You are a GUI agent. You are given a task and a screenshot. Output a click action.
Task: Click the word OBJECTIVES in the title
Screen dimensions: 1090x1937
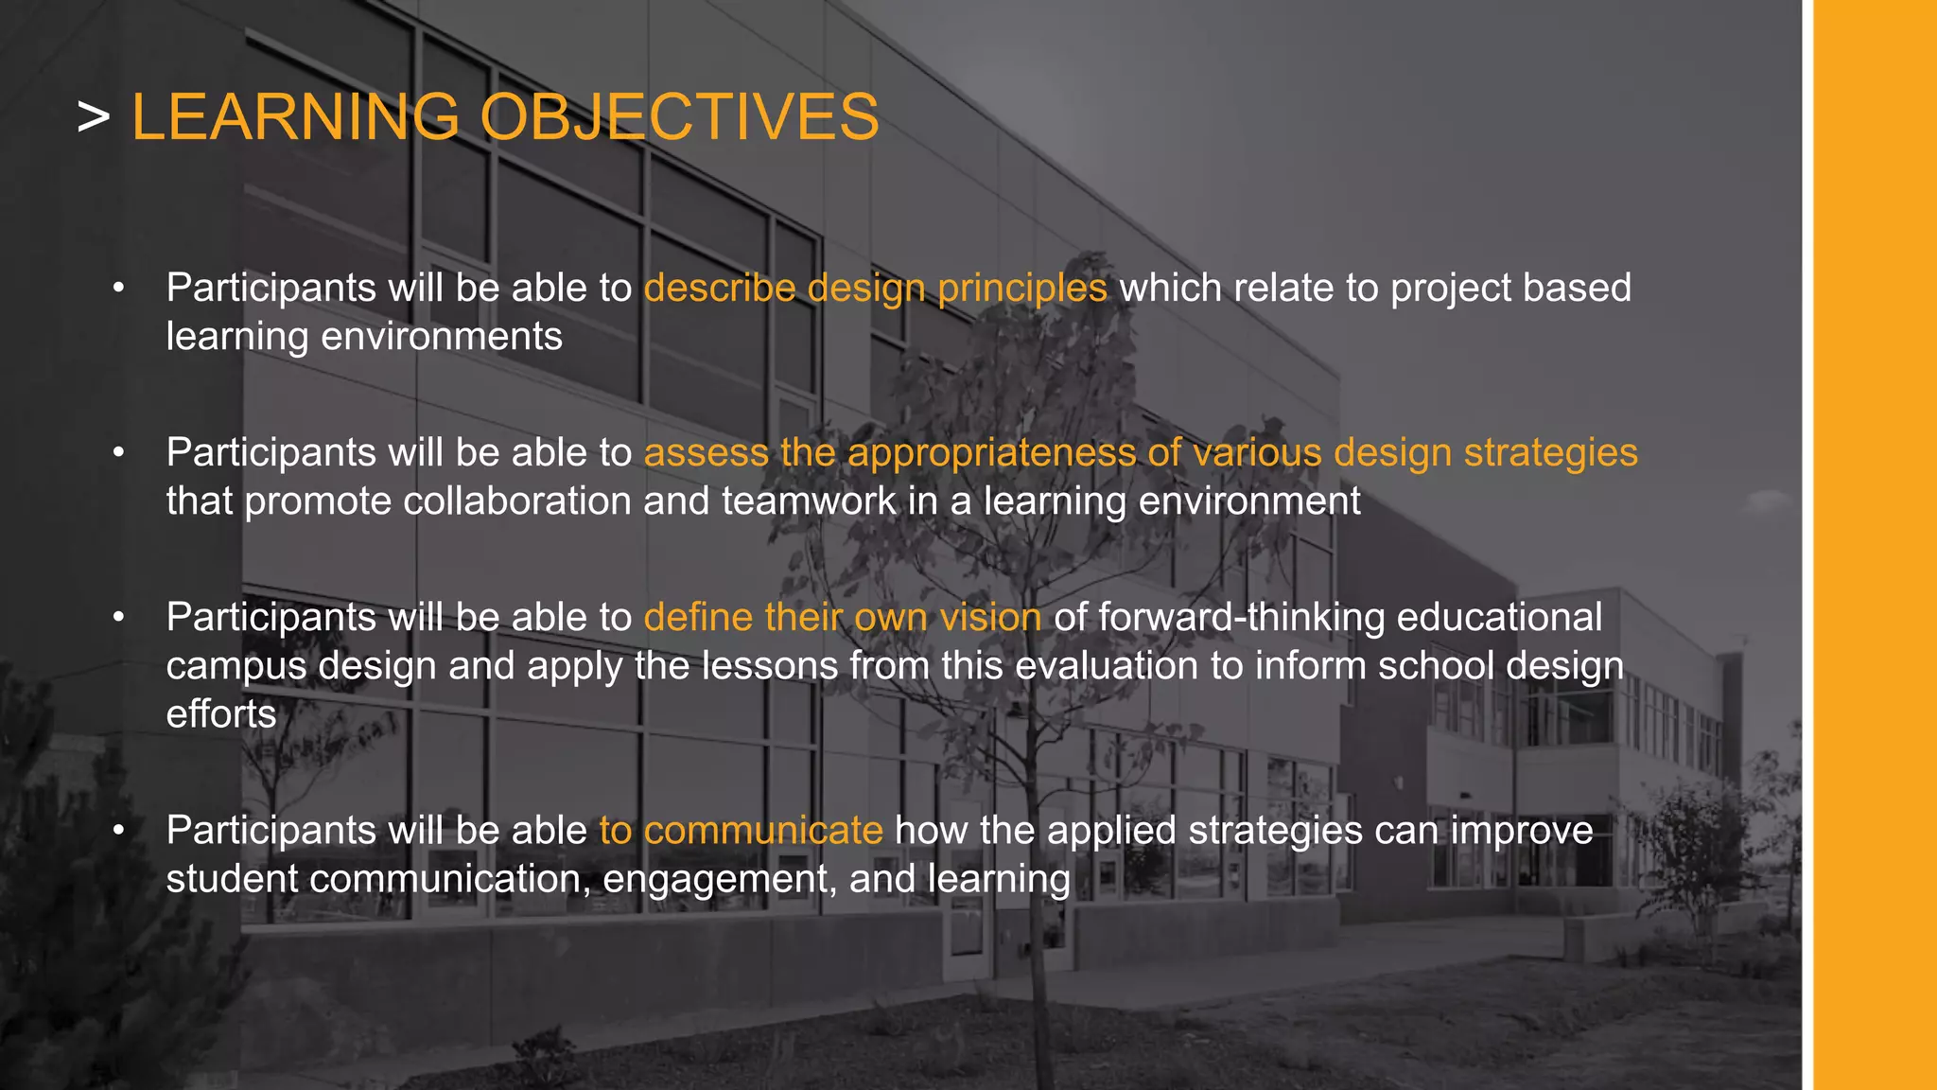point(679,117)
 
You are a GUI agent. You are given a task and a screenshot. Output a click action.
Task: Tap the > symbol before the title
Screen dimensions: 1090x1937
point(94,119)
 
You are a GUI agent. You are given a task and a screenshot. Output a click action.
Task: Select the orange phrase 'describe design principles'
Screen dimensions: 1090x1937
point(875,288)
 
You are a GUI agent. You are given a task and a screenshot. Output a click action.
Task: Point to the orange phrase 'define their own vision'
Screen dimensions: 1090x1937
point(842,617)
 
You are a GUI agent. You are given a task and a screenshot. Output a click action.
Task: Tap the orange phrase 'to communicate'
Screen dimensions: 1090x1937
point(741,830)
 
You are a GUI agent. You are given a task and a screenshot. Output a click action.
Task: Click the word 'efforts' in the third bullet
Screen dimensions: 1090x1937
point(221,713)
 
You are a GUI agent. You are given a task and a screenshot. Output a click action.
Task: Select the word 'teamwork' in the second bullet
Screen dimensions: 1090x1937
point(808,501)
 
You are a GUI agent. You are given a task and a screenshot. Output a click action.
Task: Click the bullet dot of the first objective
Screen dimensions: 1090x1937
point(118,288)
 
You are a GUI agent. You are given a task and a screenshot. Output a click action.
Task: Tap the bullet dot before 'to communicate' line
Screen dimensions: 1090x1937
point(118,830)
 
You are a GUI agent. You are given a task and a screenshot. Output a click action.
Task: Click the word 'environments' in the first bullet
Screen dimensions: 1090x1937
point(442,336)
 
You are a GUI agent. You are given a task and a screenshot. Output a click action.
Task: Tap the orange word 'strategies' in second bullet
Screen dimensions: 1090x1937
point(1550,452)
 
